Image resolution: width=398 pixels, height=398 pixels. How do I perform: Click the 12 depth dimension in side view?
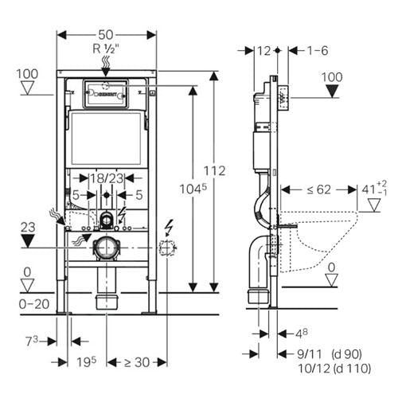[x=263, y=50]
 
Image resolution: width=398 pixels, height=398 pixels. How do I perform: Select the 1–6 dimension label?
[x=318, y=50]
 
